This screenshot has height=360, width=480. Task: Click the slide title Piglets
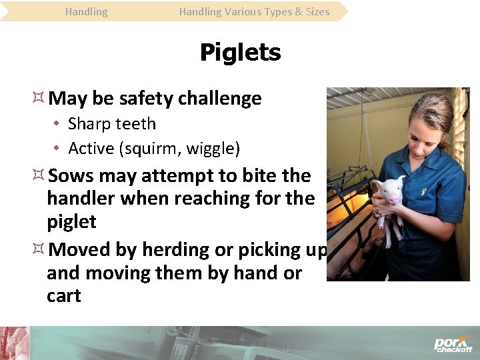click(240, 53)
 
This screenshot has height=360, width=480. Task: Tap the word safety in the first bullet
click(145, 99)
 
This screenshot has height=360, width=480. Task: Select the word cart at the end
click(63, 295)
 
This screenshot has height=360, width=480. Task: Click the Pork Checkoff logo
click(453, 344)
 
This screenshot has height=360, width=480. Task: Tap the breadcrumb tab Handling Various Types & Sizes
click(254, 11)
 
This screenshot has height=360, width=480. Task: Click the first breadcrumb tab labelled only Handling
click(86, 11)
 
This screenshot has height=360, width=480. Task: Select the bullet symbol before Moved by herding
click(39, 249)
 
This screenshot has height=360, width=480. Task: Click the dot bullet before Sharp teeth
click(58, 124)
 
